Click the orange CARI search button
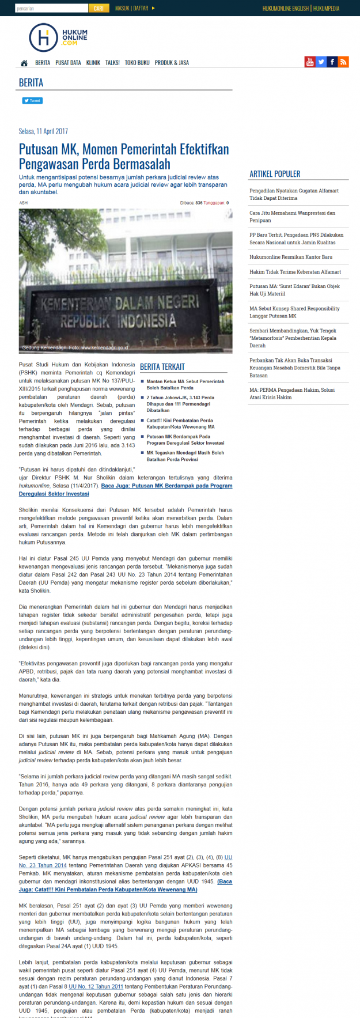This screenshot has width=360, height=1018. click(x=98, y=9)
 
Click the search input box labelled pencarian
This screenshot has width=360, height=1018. click(x=51, y=9)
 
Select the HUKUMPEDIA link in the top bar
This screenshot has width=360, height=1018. click(x=327, y=9)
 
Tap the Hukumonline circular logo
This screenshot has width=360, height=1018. click(x=43, y=37)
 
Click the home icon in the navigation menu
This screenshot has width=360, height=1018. click(x=24, y=63)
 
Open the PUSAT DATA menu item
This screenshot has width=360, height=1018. click(x=68, y=63)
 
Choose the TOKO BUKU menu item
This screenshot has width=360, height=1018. click(x=137, y=63)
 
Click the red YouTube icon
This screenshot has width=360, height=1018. click(x=310, y=62)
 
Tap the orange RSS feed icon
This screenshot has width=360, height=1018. click(x=343, y=62)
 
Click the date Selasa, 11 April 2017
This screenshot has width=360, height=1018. click(x=43, y=131)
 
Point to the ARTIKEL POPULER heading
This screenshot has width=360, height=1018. click(x=275, y=174)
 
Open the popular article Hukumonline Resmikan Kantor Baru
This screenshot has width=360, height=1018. click(x=291, y=257)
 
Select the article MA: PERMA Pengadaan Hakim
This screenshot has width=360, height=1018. click(x=292, y=393)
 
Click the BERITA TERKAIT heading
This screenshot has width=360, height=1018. click(x=162, y=366)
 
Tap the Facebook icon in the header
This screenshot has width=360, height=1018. click(x=332, y=62)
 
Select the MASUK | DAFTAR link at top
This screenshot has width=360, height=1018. click(x=132, y=9)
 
